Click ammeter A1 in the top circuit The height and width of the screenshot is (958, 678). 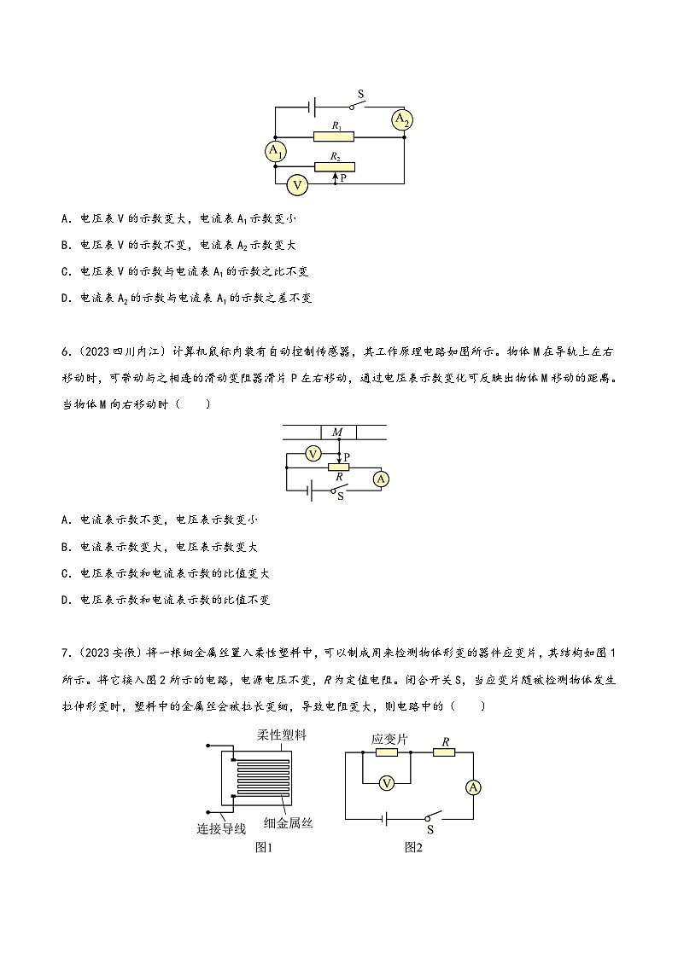(275, 152)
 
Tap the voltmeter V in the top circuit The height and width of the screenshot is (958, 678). (296, 183)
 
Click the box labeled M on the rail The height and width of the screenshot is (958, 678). (337, 433)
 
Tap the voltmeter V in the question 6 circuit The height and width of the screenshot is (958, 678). (313, 453)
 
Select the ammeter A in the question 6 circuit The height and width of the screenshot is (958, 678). (381, 479)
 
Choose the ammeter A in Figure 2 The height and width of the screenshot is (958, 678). (473, 787)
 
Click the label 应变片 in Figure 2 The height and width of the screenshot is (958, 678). (389, 739)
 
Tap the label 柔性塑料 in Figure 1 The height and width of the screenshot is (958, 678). (280, 735)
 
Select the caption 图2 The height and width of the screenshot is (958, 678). (414, 847)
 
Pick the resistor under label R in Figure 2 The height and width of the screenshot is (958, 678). (444, 752)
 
